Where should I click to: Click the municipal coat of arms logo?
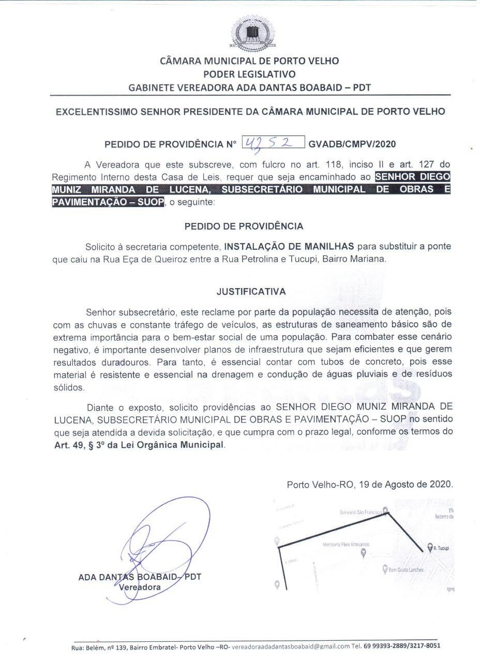[x=251, y=33]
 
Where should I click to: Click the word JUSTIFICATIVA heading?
[x=251, y=292]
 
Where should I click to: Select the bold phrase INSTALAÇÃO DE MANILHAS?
[x=289, y=246]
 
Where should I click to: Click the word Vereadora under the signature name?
[x=140, y=587]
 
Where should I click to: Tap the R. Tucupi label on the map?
[x=441, y=548]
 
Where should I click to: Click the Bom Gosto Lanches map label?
[x=406, y=570]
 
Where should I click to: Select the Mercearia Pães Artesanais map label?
[x=345, y=545]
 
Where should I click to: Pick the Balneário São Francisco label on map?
[x=359, y=513]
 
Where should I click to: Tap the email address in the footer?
[x=290, y=646]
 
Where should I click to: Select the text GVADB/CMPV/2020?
[x=352, y=144]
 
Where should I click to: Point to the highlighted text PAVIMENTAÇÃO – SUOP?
[x=108, y=202]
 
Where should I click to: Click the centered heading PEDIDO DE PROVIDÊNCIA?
[x=244, y=226]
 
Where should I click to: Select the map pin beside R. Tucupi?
[x=429, y=547]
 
